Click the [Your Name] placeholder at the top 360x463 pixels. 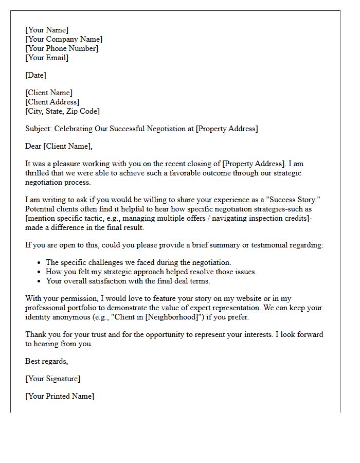(47, 30)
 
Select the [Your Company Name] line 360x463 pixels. (64, 40)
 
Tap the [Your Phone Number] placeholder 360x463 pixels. (62, 49)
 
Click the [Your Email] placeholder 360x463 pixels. (47, 58)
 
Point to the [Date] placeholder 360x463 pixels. (35, 76)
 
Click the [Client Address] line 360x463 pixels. (52, 102)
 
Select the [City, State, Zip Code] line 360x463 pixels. (62, 112)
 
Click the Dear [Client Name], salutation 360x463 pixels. (59, 147)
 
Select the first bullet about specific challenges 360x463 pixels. (138, 263)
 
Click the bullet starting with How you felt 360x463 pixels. (151, 272)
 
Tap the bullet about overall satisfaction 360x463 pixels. (128, 281)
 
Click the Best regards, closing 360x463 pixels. (46, 362)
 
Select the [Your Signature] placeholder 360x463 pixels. (52, 379)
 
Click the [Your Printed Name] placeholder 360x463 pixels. (60, 397)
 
